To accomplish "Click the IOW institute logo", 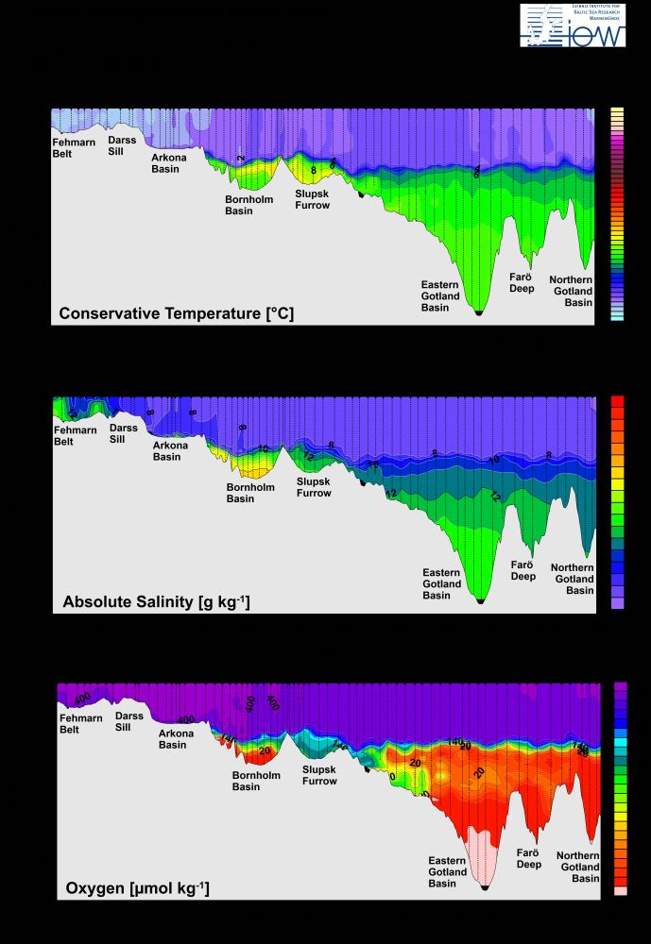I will point(573,25).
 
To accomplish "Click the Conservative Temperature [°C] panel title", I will point(176,313).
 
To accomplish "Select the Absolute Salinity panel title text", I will point(156,601).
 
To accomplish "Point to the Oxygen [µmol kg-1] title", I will point(137,888).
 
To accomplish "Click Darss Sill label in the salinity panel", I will point(123,433).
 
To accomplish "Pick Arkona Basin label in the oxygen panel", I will point(173,739).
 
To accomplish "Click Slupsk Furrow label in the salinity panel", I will point(314,487).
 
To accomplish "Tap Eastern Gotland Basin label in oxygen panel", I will point(447,872).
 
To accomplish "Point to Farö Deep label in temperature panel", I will point(523,282).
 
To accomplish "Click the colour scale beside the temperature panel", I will point(617,214).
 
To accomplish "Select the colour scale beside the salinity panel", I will point(618,502).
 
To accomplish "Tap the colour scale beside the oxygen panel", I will point(621,788).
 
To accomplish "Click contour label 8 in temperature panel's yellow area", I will point(314,171).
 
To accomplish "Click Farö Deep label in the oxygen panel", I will point(528,858).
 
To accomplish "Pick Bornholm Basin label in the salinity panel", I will point(250,493).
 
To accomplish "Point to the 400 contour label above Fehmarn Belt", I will point(82,698).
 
